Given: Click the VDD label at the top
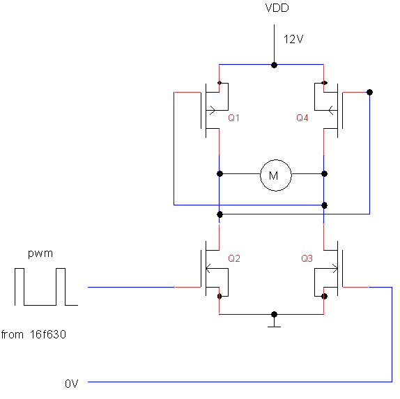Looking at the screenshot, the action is pos(277,8).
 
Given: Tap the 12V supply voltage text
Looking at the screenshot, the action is pos(293,40).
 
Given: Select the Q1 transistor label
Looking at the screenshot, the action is pos(233,118).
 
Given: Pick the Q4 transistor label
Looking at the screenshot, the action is pos(302,118).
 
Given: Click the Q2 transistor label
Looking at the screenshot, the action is pos(234,258).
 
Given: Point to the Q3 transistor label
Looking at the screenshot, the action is pos(307,258).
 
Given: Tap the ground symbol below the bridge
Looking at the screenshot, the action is pos(275,324).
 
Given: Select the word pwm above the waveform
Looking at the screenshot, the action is pos(40,254).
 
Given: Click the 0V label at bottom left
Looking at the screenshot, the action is pos(71,384).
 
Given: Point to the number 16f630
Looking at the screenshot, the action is pos(48,334).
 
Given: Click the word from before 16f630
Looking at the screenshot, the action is pos(13,334).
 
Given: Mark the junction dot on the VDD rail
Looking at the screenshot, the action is pos(275,65).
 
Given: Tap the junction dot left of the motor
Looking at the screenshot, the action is pos(220,174).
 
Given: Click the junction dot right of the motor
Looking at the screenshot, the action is pos(324,174).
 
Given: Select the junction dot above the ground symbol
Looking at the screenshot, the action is pos(275,314).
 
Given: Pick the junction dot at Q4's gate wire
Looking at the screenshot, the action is pos(369,93).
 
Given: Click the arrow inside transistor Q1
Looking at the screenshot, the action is pos(211,111).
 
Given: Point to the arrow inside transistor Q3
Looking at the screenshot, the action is pos(334,269).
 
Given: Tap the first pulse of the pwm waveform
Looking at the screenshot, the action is pos(20,269).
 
